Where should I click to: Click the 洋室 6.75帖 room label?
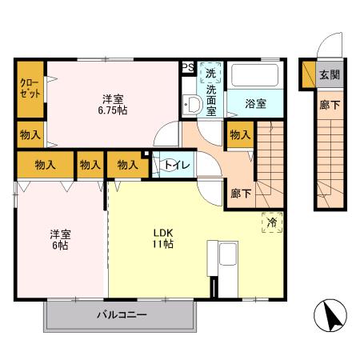(x=112, y=104)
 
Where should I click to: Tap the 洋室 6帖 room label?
(x=62, y=239)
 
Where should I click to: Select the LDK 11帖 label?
(x=164, y=238)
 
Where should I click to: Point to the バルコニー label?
(x=122, y=315)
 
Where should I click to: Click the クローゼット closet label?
(x=29, y=88)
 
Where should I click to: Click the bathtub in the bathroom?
(x=254, y=78)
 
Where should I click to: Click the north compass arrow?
(x=334, y=316)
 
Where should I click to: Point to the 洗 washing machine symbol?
(x=210, y=73)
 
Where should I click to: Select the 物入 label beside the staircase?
(x=239, y=137)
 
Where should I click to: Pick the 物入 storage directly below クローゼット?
(x=30, y=135)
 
